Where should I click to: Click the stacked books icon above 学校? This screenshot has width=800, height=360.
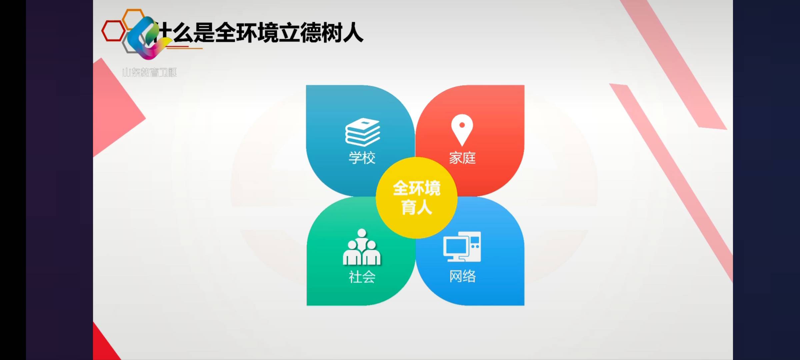(x=362, y=132)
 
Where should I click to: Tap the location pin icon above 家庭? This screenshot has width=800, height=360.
(x=462, y=130)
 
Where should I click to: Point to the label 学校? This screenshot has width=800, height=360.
(x=362, y=158)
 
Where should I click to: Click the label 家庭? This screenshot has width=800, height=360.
(x=462, y=158)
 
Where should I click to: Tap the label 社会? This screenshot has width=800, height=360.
(x=362, y=277)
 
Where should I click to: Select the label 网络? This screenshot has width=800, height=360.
(x=462, y=276)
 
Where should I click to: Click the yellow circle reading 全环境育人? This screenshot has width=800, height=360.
(x=416, y=198)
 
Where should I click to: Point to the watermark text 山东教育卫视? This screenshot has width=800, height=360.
(x=149, y=72)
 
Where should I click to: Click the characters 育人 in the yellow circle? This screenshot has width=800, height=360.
(x=416, y=207)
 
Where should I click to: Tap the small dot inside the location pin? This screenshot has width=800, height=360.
(x=462, y=125)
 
